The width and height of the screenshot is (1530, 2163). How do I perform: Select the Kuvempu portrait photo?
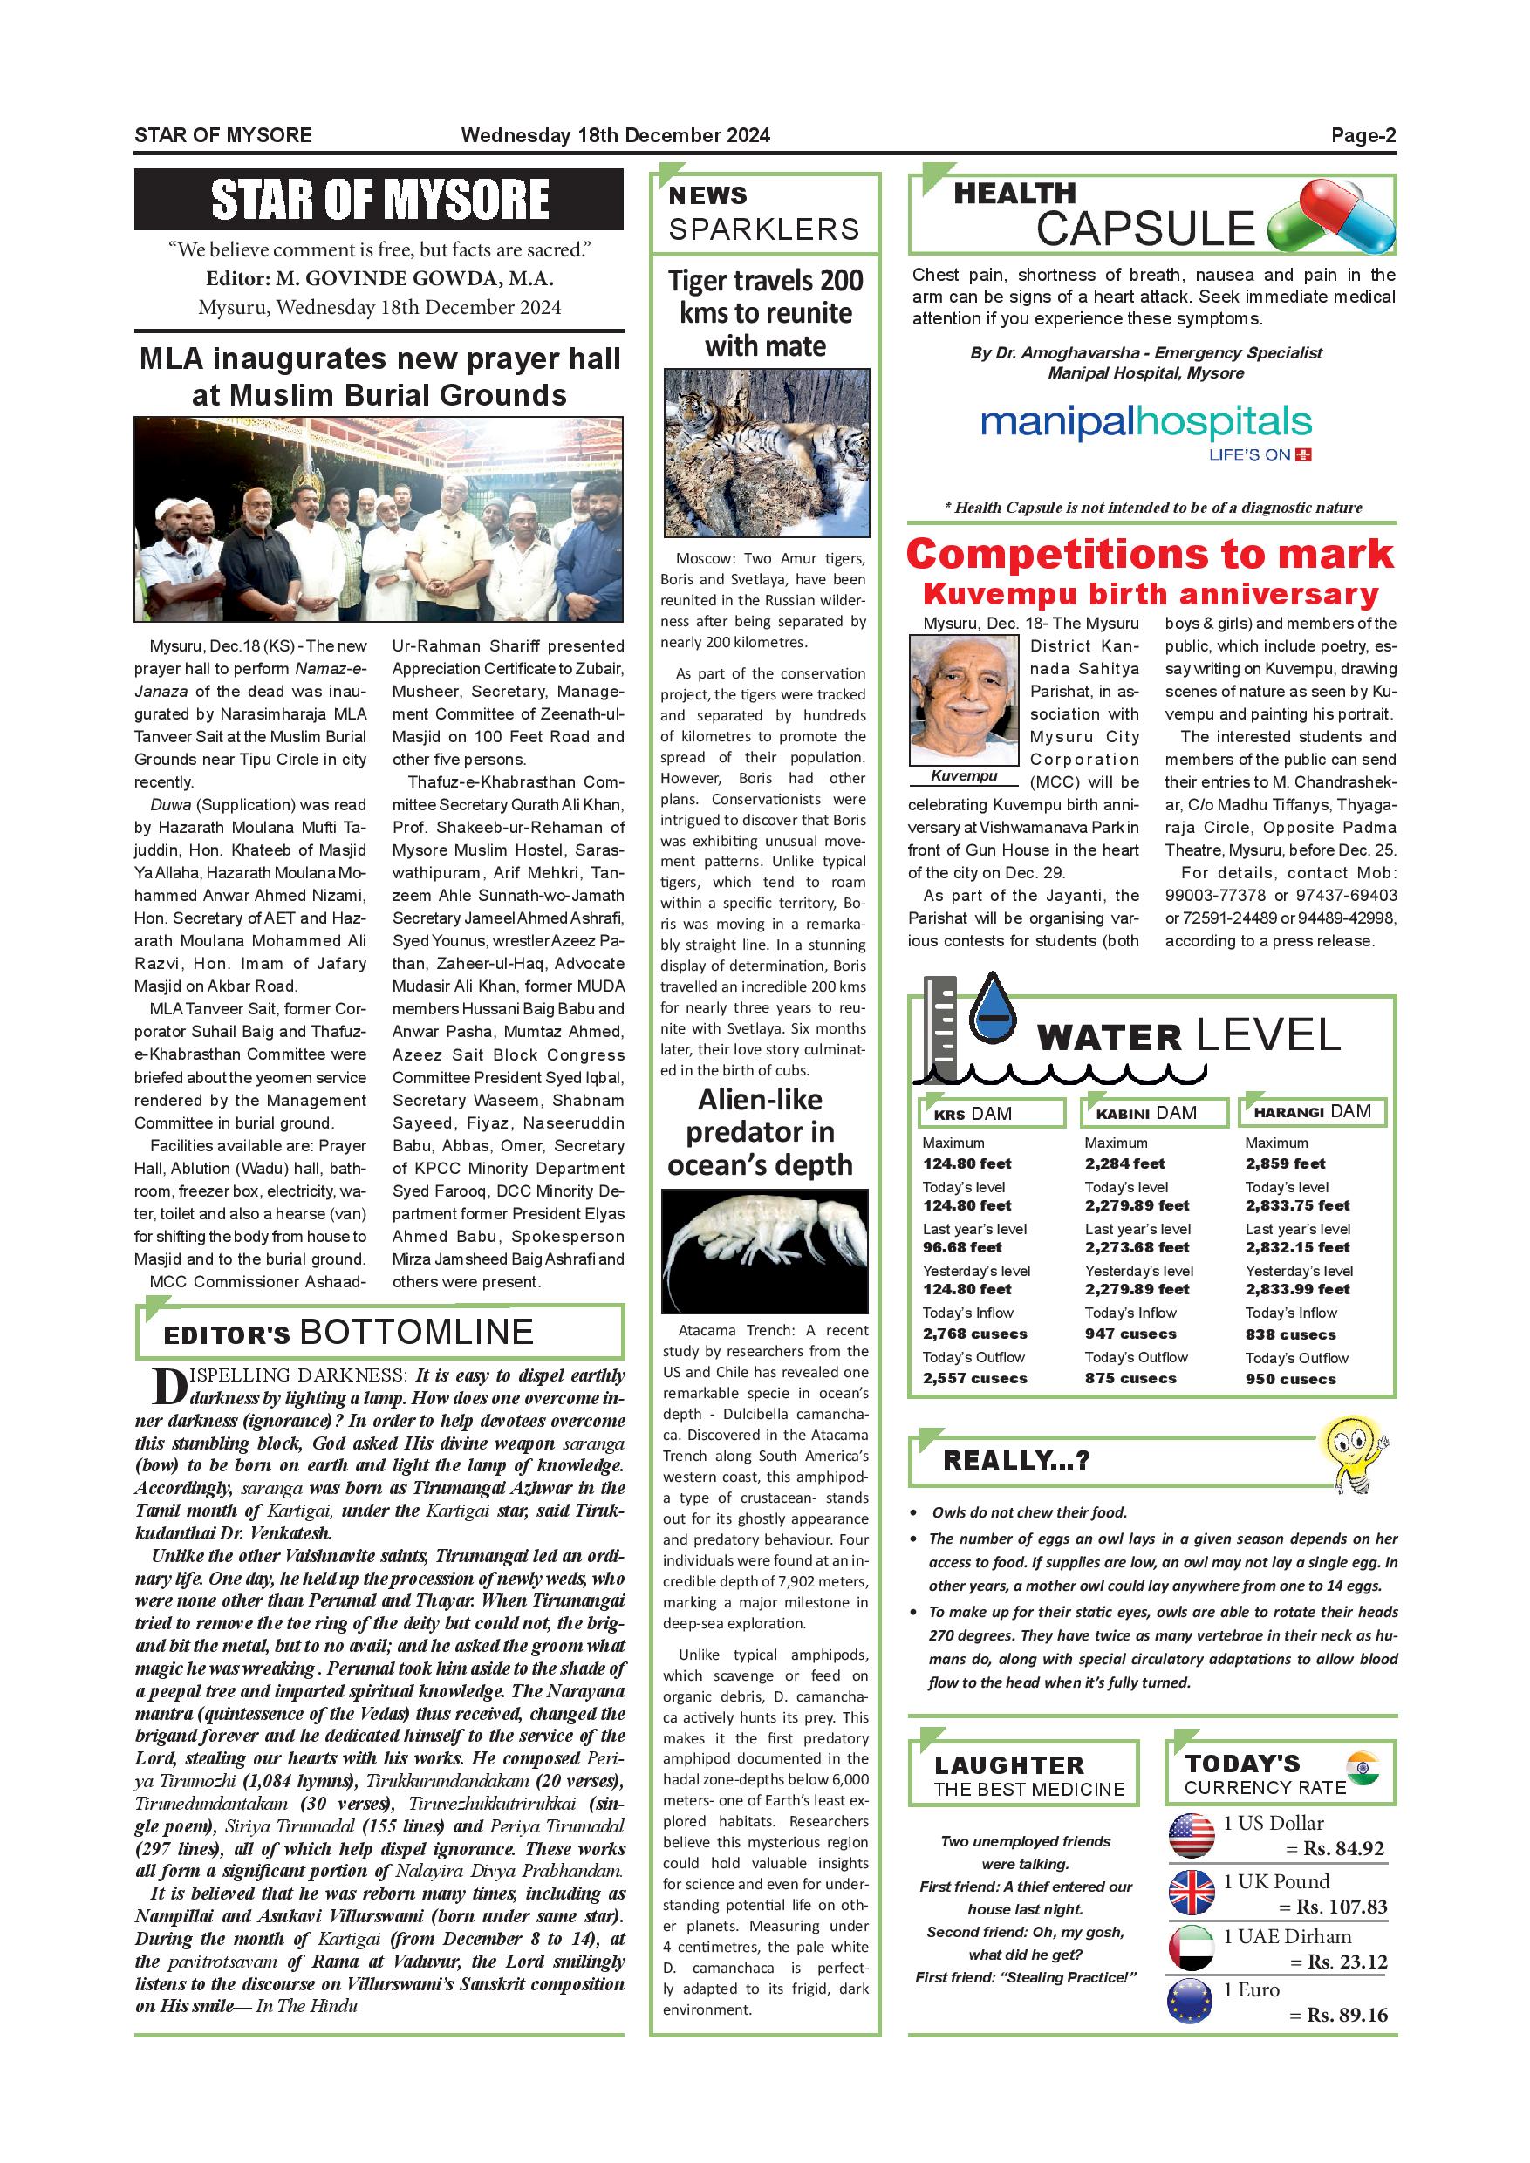(x=963, y=700)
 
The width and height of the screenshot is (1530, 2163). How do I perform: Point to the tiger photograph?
(x=766, y=452)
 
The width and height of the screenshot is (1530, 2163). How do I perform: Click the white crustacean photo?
(x=764, y=1250)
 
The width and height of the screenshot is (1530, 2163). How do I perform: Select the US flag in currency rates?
(x=1191, y=1835)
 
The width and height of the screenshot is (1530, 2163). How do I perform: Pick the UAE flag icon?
(x=1191, y=1948)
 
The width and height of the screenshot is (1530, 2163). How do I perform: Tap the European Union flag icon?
(x=1190, y=2002)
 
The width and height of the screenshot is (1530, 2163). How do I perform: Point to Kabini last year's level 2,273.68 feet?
(x=1137, y=1247)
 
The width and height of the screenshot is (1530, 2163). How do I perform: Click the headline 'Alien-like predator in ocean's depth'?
(x=761, y=1131)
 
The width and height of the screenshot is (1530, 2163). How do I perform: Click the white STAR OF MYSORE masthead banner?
(x=379, y=200)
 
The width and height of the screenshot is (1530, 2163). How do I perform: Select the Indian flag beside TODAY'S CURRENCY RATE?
(x=1363, y=1767)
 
